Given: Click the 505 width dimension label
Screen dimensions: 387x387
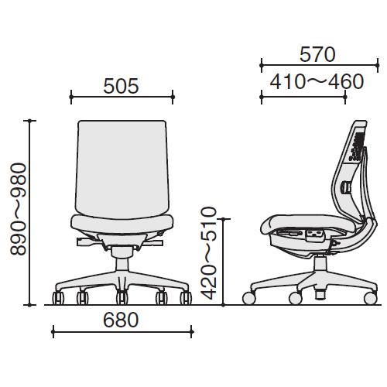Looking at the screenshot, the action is [x=121, y=86].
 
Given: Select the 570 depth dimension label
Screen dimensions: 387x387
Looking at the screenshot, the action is [x=317, y=54].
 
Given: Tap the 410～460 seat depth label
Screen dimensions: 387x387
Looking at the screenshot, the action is [x=317, y=82].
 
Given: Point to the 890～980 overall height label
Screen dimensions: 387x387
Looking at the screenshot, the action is [x=19, y=209].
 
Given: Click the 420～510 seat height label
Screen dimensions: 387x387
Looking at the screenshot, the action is [x=208, y=253].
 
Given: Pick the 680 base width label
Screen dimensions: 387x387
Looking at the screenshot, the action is [x=121, y=320].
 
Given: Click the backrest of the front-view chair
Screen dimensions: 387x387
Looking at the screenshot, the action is [x=122, y=169].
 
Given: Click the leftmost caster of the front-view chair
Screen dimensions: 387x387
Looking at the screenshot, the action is [x=58, y=298].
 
